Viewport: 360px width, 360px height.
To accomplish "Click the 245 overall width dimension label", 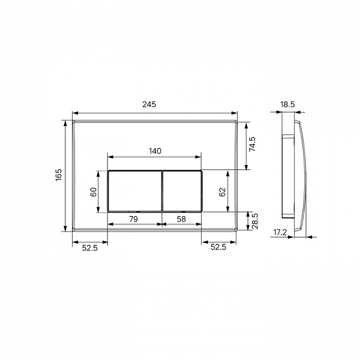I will pos(149,104).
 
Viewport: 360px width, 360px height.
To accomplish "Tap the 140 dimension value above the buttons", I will pos(154,151).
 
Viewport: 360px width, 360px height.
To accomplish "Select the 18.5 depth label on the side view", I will pos(287,104).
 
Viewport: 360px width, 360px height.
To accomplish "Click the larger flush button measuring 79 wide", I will pos(134,191).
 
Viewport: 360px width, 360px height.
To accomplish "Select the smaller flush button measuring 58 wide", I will pos(182,191).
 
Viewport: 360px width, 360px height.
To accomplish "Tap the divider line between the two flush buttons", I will pos(161,191).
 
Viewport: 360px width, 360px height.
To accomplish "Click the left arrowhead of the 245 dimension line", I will pos(74,112).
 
